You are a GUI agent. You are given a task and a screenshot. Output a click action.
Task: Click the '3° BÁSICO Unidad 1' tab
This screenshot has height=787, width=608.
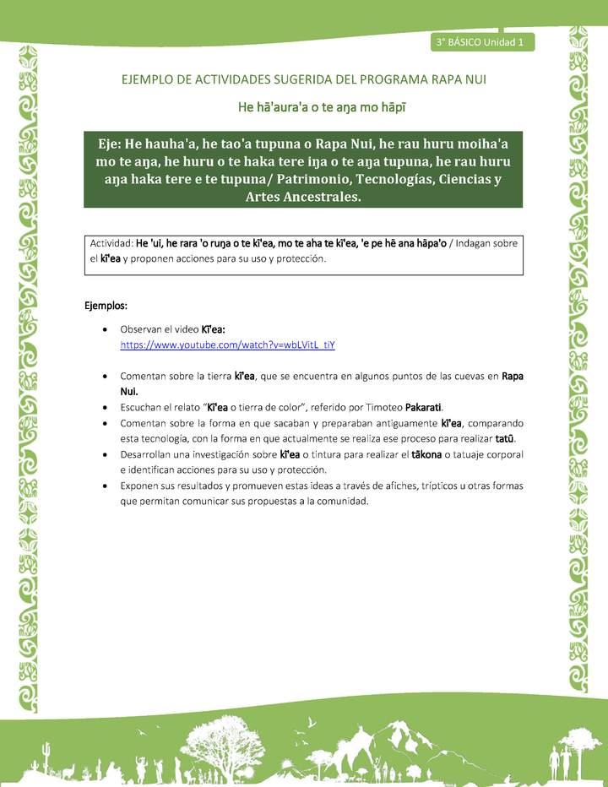tap(481, 41)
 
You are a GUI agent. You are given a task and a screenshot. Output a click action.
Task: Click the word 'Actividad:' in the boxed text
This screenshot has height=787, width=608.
tap(111, 244)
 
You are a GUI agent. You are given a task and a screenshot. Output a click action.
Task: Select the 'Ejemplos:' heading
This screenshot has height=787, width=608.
tap(106, 304)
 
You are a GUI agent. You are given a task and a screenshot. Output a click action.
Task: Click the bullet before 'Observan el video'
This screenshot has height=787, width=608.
tap(103, 330)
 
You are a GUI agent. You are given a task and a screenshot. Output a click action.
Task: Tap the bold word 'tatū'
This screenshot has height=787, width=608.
tap(505, 438)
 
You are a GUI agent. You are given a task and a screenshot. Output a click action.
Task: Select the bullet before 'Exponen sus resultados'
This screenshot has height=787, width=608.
tap(103, 486)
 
